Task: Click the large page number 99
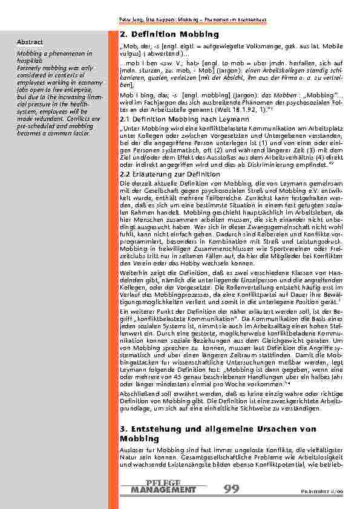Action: point(233,488)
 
